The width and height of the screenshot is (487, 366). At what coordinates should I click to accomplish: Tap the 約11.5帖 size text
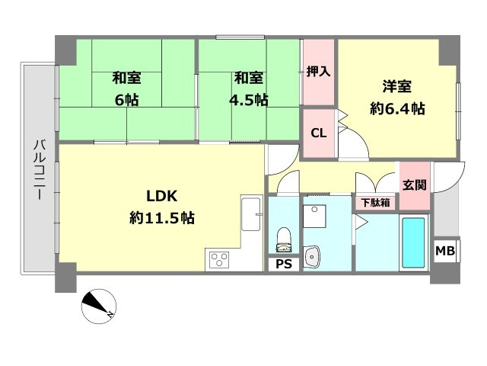pyautogui.click(x=162, y=218)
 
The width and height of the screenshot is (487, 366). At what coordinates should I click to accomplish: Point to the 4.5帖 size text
pyautogui.click(x=250, y=99)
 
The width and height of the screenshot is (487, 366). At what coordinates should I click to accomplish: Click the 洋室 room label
pyautogui.click(x=396, y=85)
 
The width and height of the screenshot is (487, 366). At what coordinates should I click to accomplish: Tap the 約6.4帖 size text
pyautogui.click(x=396, y=108)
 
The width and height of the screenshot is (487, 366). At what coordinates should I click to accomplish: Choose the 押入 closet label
pyautogui.click(x=318, y=72)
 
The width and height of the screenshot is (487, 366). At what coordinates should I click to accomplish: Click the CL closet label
pyautogui.click(x=318, y=133)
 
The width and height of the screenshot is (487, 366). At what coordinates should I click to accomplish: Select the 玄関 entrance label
pyautogui.click(x=415, y=185)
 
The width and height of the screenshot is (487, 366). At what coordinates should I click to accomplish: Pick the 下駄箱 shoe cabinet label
pyautogui.click(x=376, y=203)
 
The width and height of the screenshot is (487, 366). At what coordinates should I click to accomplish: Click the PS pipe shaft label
pyautogui.click(x=284, y=265)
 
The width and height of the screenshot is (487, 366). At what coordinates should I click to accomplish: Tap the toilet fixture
pyautogui.click(x=284, y=238)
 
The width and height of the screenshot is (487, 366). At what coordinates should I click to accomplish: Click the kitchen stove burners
pyautogui.click(x=220, y=260)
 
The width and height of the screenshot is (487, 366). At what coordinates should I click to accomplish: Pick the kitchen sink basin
pyautogui.click(x=250, y=218)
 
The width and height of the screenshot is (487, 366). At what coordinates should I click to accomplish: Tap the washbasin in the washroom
pyautogui.click(x=313, y=257)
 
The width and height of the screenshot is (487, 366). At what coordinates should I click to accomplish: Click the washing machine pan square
pyautogui.click(x=314, y=217)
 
